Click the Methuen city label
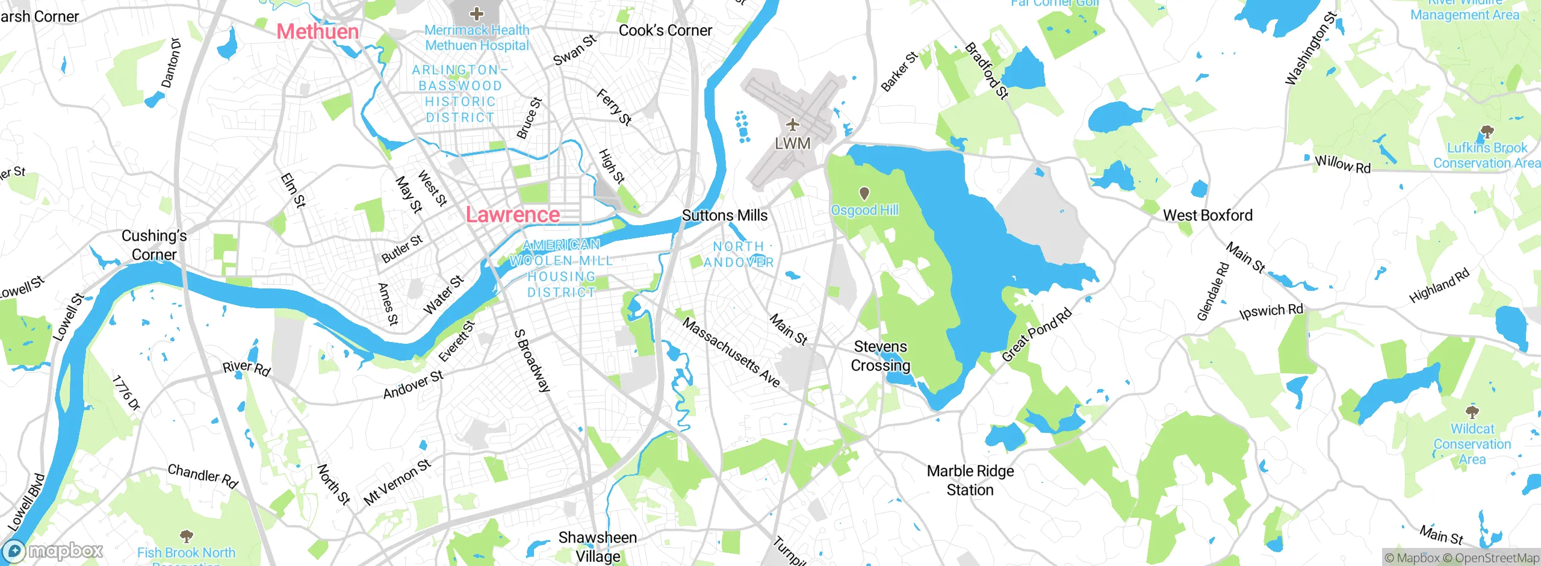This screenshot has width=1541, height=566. pyautogui.click(x=317, y=31)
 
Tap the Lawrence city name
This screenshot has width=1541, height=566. pyautogui.click(x=512, y=215)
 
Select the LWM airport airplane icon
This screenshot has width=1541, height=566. pyautogui.click(x=792, y=125)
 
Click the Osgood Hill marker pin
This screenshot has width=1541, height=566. pyautogui.click(x=864, y=193)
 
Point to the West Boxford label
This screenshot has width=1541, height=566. pyautogui.click(x=1208, y=216)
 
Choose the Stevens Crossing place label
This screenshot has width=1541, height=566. pyautogui.click(x=880, y=356)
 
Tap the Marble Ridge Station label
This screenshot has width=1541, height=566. pyautogui.click(x=970, y=480)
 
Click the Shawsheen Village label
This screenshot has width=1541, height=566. pyautogui.click(x=597, y=546)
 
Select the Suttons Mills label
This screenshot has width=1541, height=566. pyautogui.click(x=725, y=216)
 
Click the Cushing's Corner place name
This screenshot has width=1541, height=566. pyautogui.click(x=154, y=245)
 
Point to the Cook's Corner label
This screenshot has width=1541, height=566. pyautogui.click(x=665, y=31)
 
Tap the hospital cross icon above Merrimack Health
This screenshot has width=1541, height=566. pyautogui.click(x=476, y=13)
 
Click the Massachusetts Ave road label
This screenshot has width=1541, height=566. pyautogui.click(x=731, y=353)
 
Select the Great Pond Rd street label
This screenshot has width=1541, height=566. pyautogui.click(x=1036, y=335)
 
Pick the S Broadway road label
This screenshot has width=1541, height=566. pyautogui.click(x=532, y=361)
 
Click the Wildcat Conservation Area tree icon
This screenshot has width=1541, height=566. pyautogui.click(x=1472, y=412)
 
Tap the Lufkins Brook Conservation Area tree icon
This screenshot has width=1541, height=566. pyautogui.click(x=1486, y=131)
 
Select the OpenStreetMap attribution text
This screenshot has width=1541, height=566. pyautogui.click(x=1495, y=558)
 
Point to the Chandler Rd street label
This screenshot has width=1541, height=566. pyautogui.click(x=203, y=476)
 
